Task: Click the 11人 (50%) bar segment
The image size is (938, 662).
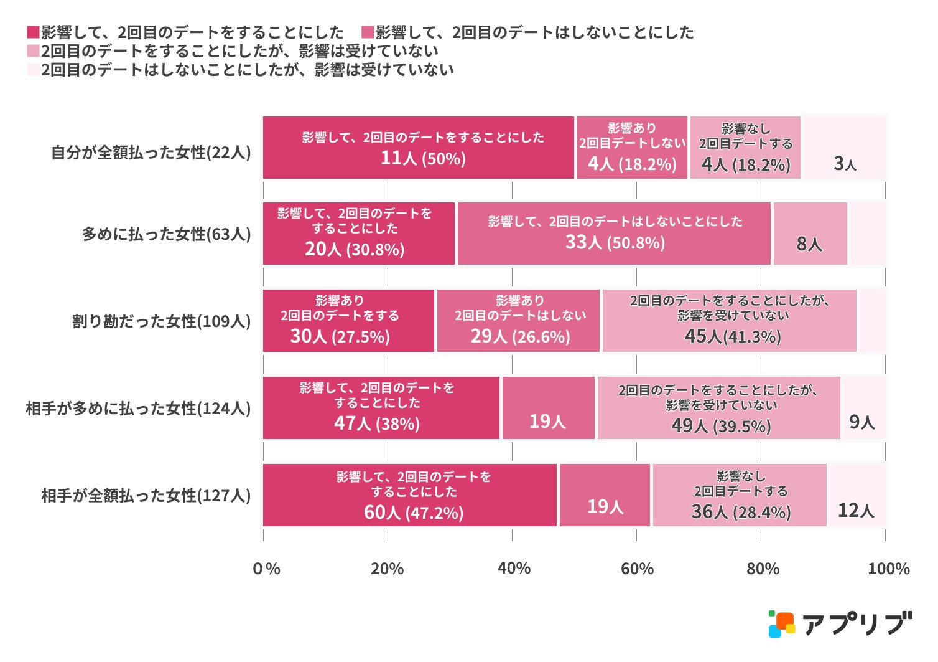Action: (x=418, y=148)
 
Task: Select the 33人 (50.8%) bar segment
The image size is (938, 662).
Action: (x=614, y=234)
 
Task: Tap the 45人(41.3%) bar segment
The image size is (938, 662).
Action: (x=729, y=321)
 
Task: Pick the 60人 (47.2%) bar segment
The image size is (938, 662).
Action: (x=410, y=495)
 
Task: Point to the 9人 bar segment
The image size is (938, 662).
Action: (x=863, y=409)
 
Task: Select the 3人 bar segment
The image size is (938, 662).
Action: (x=844, y=148)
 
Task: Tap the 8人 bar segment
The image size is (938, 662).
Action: (x=810, y=234)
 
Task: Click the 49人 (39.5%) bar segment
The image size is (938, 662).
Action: (x=718, y=409)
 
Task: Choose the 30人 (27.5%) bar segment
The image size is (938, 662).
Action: (x=348, y=321)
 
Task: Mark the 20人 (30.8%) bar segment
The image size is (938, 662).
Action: (x=359, y=234)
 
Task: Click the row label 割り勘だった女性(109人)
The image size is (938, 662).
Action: (x=162, y=321)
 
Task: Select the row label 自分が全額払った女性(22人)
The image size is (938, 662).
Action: (x=151, y=153)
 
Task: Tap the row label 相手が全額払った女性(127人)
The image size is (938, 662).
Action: (x=146, y=496)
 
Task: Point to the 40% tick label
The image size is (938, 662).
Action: (x=514, y=569)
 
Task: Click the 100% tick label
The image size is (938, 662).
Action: (x=888, y=569)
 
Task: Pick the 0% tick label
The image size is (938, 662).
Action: (x=266, y=569)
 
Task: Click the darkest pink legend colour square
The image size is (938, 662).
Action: (x=33, y=32)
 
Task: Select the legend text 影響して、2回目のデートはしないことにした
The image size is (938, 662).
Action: (x=534, y=32)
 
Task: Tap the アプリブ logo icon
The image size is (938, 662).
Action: (x=781, y=624)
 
